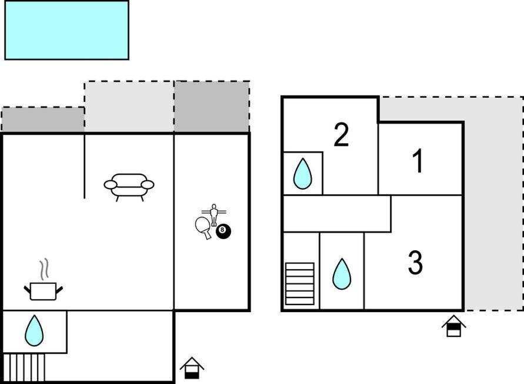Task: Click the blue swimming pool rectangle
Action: [67, 30]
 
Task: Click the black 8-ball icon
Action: [223, 231]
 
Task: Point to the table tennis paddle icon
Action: [203, 227]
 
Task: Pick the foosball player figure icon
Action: [214, 214]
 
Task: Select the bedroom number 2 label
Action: [341, 135]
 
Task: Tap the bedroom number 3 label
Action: [415, 263]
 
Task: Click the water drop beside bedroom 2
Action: [303, 174]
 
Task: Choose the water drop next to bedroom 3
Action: [342, 274]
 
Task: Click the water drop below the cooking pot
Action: [34, 331]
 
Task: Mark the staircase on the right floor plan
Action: [300, 284]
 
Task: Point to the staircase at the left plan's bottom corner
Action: [24, 368]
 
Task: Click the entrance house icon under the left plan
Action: [192, 368]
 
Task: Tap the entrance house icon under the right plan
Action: [453, 326]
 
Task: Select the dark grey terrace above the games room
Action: [212, 107]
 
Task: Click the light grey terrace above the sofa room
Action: [129, 107]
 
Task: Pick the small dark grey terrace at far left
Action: [43, 120]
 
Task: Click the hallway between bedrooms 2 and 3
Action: [337, 214]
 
